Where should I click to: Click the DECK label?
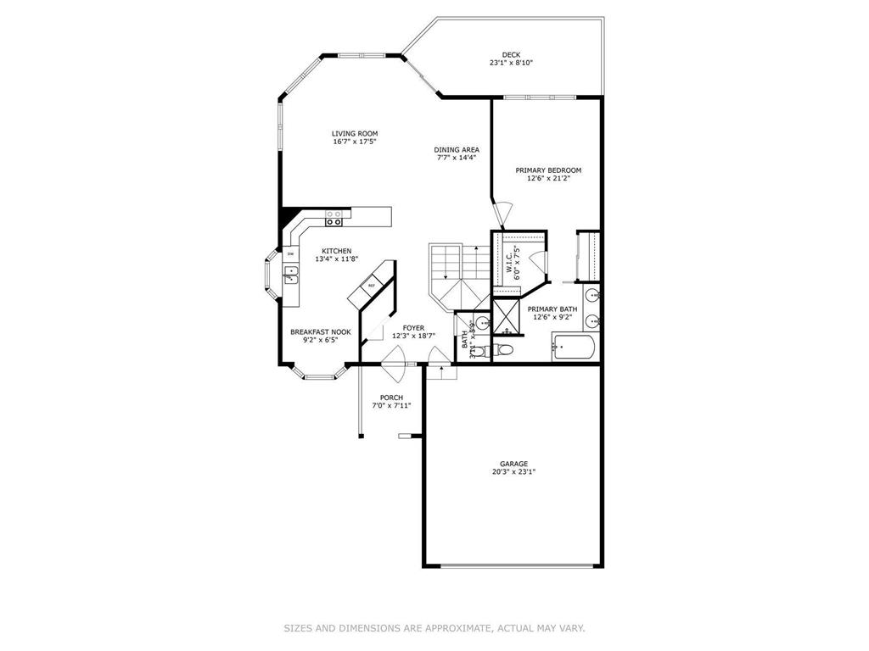[x=510, y=54]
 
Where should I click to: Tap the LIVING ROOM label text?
[x=355, y=133]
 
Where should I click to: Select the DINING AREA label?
[x=457, y=149]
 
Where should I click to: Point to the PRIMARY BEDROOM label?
[x=548, y=170]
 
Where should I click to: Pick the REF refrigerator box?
[x=372, y=286]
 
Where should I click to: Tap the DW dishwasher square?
[x=290, y=253]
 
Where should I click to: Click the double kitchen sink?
[x=290, y=274]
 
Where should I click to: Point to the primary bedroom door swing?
[x=503, y=214]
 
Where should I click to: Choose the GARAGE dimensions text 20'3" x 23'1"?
[x=513, y=472]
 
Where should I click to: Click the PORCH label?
[x=391, y=398]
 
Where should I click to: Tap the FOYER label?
[x=413, y=327]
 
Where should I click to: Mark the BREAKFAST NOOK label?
[x=320, y=331]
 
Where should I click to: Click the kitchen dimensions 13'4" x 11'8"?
[x=336, y=259]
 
